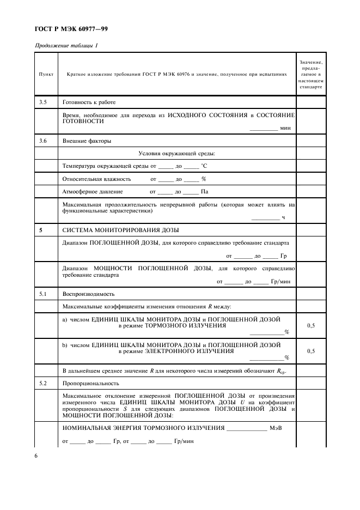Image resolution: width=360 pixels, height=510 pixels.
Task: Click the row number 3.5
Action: (43, 102)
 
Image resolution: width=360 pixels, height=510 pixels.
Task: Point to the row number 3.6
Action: (43, 141)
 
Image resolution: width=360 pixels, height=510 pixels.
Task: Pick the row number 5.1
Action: (43, 294)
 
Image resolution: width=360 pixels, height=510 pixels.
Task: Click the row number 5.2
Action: (43, 383)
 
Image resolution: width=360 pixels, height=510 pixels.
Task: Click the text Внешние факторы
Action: (87, 141)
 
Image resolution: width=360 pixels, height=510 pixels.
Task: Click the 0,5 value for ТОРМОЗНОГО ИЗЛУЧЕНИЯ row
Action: (311, 325)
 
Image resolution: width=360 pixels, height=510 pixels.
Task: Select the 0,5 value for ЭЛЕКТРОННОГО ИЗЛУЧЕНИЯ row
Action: (311, 351)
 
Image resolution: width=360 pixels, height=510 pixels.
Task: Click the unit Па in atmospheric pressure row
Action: (205, 192)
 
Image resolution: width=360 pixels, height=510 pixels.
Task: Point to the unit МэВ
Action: (276, 428)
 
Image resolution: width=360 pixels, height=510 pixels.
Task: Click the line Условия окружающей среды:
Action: (176, 153)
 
